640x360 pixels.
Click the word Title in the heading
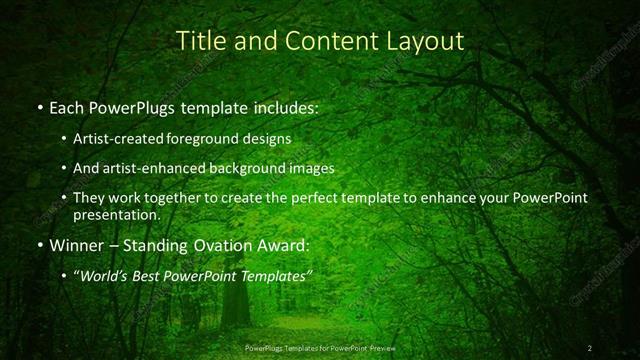pos(198,41)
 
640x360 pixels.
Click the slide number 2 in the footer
pos(590,347)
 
